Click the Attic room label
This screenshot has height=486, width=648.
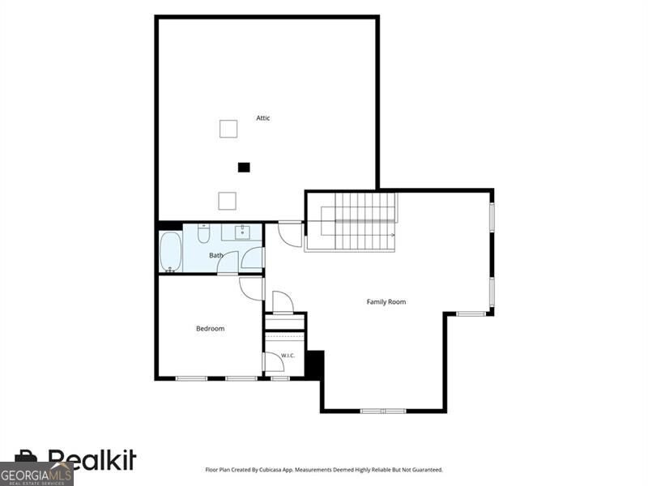[262, 118]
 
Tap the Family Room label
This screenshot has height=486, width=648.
[386, 302]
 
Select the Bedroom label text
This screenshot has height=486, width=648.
[210, 329]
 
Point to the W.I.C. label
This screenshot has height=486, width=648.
[288, 356]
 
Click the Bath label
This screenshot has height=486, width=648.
[215, 255]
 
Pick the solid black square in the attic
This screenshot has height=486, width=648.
[244, 168]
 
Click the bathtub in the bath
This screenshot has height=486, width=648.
[171, 252]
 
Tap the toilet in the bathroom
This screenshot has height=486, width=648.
[203, 233]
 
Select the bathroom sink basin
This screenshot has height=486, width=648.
[242, 232]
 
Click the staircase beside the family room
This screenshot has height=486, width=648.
[351, 222]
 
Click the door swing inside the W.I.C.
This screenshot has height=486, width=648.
[275, 362]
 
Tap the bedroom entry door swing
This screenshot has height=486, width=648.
[250, 288]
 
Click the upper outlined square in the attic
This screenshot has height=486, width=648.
[228, 129]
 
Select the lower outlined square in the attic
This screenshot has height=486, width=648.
[228, 201]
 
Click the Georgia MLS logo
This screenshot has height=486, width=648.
[36, 474]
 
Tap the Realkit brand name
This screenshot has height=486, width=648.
[92, 459]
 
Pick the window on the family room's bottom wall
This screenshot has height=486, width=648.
[383, 411]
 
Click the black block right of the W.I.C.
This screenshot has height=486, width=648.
[314, 364]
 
